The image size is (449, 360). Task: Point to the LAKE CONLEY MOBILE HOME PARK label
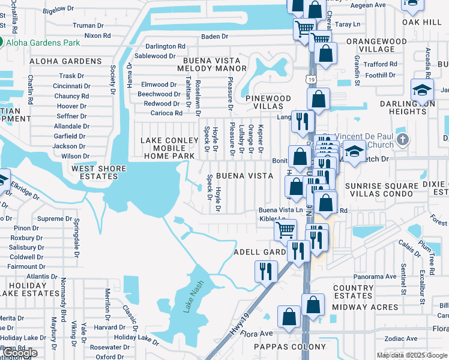[169, 148]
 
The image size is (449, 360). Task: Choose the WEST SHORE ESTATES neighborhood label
[95, 173]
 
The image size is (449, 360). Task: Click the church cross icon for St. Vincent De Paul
[403, 140]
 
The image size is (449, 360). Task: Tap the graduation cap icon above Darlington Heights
[422, 91]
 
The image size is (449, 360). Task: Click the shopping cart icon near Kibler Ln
[285, 230]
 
